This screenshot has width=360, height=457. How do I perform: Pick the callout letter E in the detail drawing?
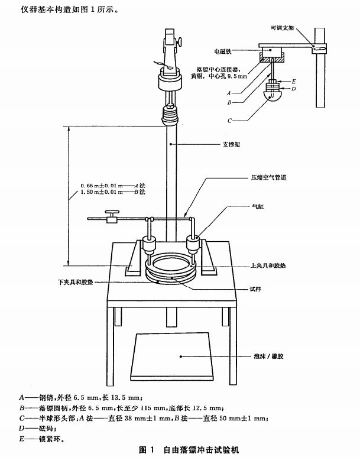click(293, 80)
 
